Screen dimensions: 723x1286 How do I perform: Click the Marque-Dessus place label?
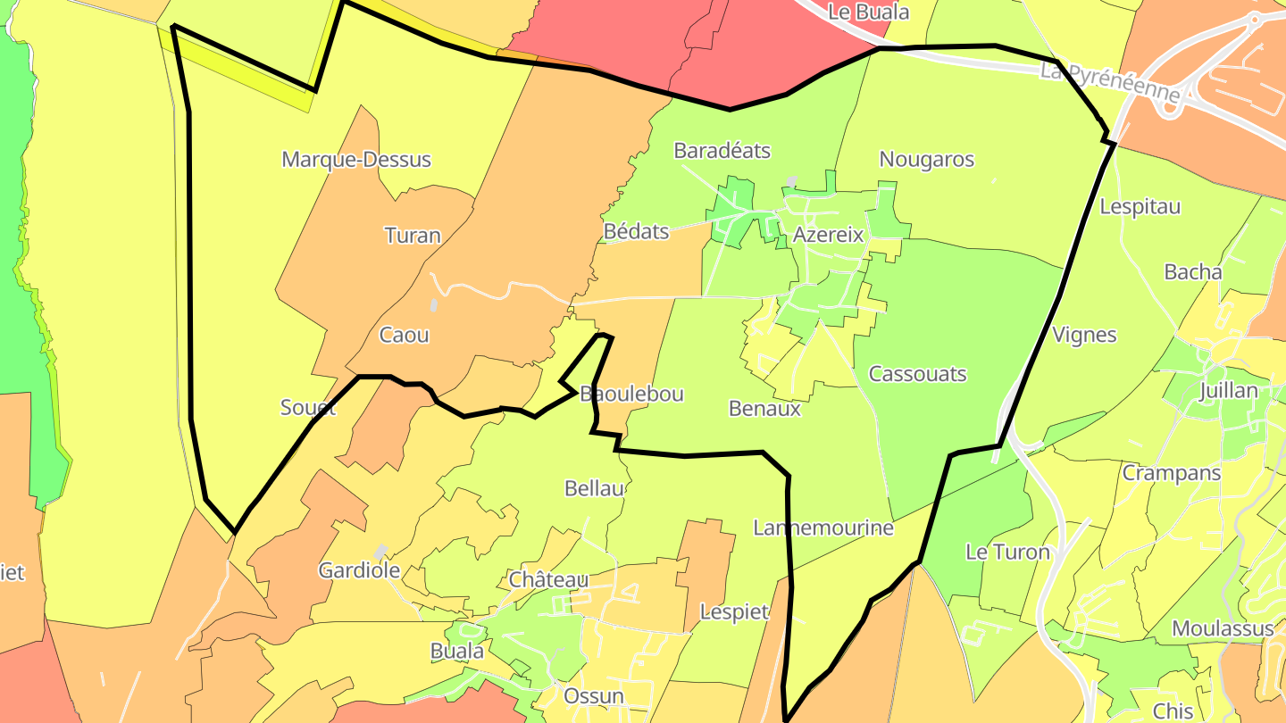(x=356, y=160)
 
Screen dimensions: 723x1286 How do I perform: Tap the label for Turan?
(x=413, y=236)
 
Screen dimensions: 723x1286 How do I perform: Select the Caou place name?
(x=405, y=336)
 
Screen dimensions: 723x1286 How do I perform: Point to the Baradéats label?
(x=722, y=150)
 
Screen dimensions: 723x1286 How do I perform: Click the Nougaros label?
(x=927, y=159)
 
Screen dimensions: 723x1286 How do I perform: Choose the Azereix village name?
(x=829, y=235)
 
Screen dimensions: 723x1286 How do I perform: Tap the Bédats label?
(x=636, y=231)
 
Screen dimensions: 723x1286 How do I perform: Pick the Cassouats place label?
(x=917, y=373)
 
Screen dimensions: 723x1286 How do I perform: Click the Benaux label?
(x=764, y=409)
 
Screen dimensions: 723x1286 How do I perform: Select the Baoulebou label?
(x=631, y=394)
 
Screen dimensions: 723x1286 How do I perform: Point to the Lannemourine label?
(x=823, y=528)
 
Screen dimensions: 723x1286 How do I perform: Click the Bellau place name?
(x=595, y=488)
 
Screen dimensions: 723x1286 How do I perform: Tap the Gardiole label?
(x=359, y=570)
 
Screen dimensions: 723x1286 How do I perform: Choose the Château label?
(x=548, y=579)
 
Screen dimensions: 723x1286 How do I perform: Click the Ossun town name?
(x=594, y=695)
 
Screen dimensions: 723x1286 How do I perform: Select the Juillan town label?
(x=1229, y=390)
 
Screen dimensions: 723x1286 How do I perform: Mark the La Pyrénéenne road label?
(x=1109, y=82)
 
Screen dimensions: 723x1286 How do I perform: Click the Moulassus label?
(x=1223, y=628)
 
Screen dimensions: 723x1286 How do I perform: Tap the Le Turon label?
(x=1007, y=552)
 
